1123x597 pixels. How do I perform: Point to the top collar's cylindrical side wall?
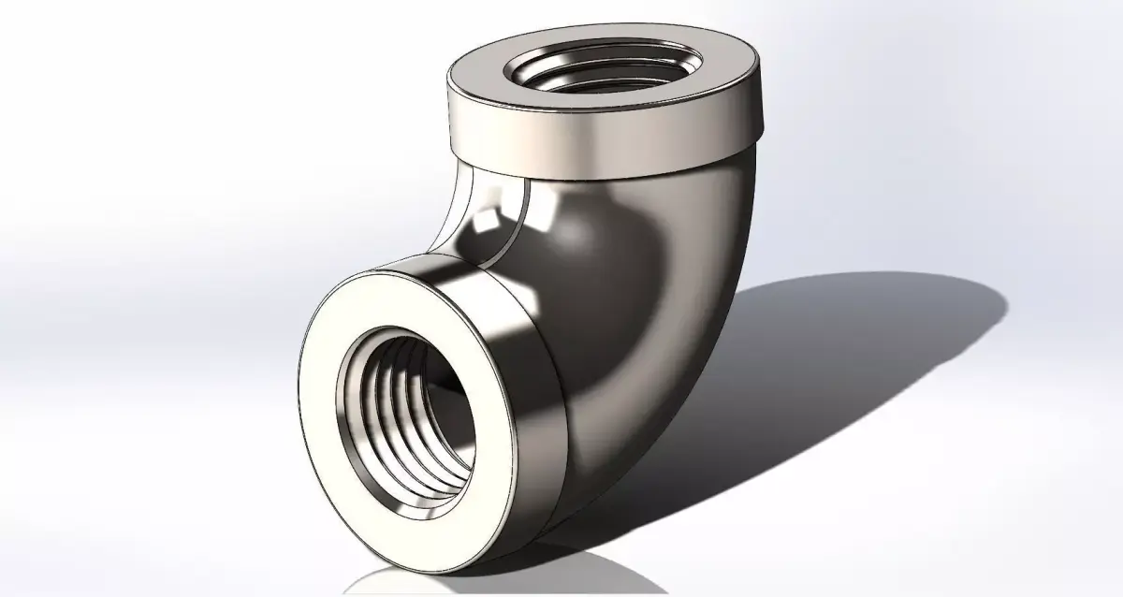coord(599,140)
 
